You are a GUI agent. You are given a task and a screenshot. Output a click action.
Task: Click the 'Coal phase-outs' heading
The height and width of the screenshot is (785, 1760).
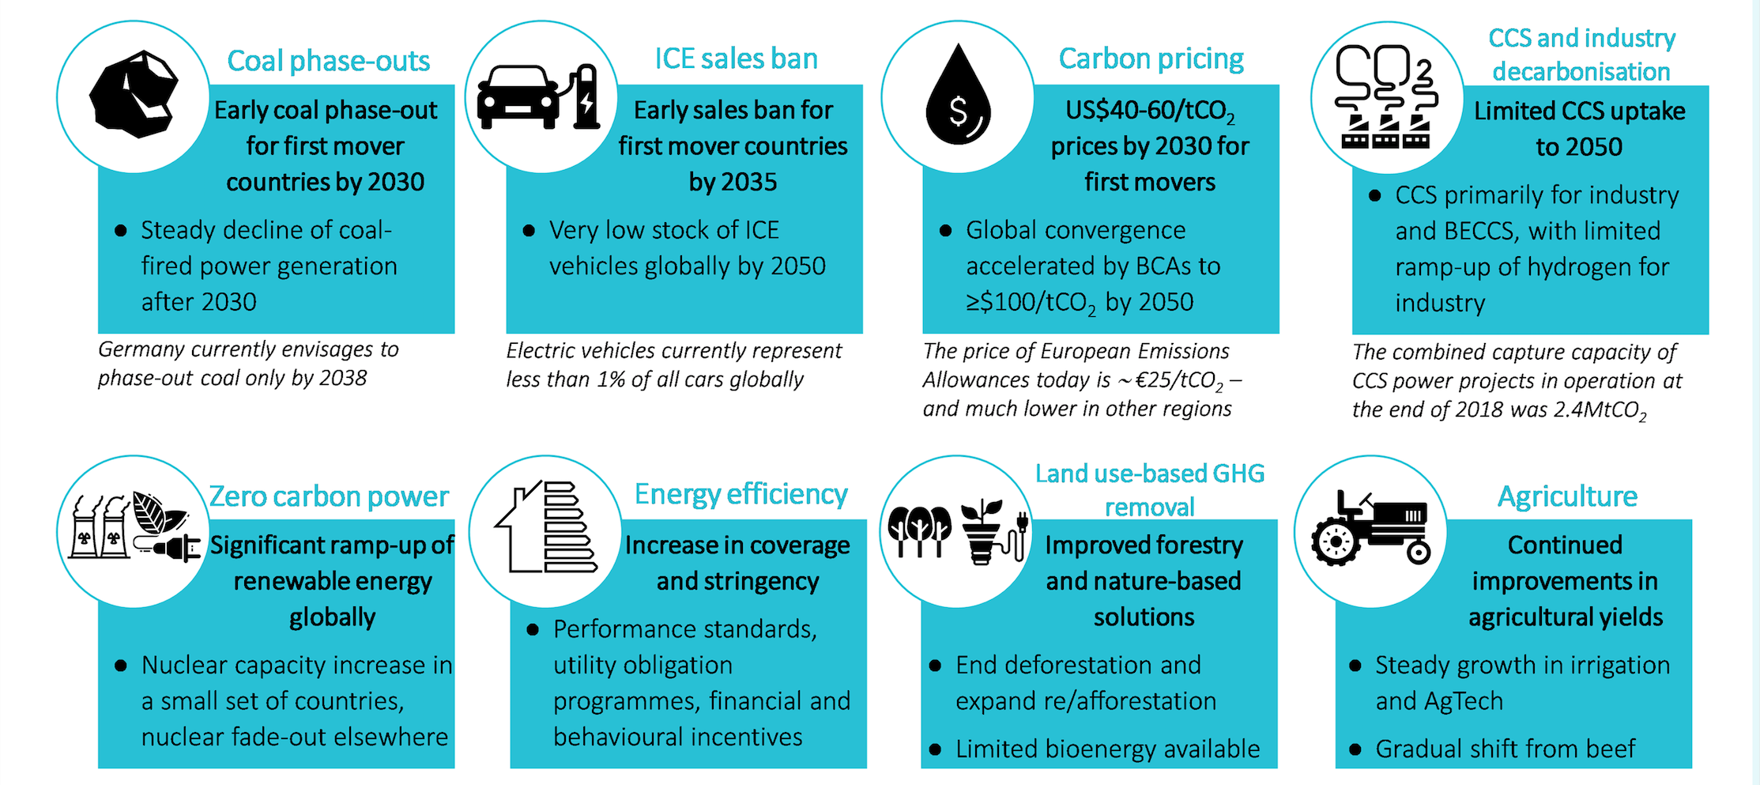click(328, 61)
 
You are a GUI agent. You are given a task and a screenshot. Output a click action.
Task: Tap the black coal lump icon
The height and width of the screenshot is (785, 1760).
click(134, 94)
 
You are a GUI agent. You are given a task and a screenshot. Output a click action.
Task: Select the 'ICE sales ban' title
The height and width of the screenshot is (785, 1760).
click(736, 58)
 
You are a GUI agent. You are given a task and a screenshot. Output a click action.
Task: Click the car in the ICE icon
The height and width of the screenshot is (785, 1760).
click(517, 98)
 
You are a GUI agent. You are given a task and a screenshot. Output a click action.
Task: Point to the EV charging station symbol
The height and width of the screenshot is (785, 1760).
click(585, 96)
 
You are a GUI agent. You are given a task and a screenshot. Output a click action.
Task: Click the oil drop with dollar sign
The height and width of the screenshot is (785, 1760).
click(958, 96)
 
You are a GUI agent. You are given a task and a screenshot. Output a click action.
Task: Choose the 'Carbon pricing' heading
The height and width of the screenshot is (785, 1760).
click(1151, 58)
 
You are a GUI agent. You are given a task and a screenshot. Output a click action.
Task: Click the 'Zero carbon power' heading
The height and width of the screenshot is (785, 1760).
click(329, 496)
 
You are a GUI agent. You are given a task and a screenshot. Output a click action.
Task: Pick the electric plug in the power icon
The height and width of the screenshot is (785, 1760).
click(174, 546)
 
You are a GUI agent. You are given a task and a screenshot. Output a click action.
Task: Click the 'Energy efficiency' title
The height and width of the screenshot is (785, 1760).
click(741, 494)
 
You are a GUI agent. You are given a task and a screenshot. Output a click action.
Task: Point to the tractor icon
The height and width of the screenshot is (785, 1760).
click(1371, 529)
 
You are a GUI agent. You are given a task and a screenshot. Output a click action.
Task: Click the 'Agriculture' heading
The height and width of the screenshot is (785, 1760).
click(1567, 496)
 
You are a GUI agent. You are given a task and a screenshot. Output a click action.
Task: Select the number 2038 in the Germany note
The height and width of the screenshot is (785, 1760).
click(342, 379)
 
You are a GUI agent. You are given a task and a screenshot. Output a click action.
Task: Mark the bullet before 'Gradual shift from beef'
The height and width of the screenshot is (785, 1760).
click(1355, 749)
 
